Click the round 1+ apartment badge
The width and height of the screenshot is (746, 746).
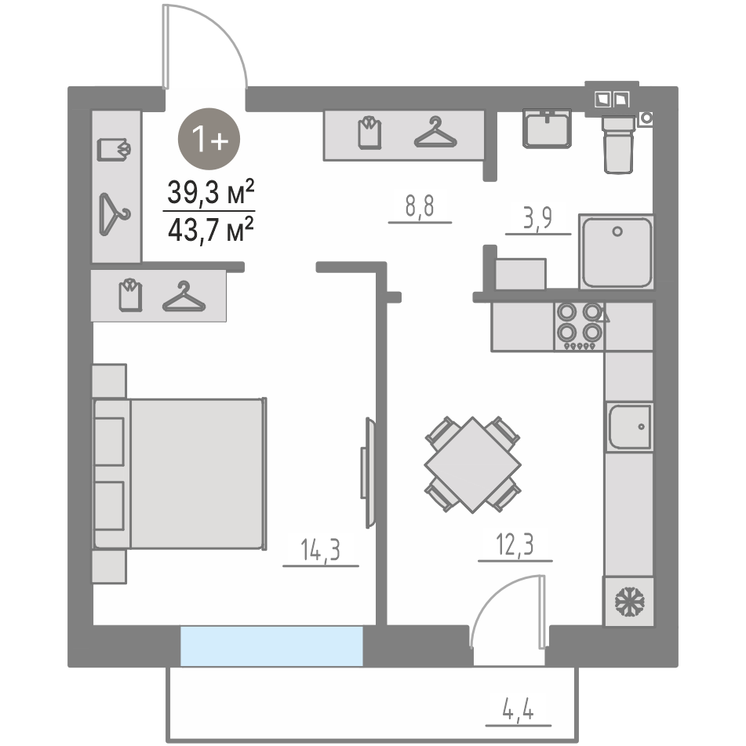(x=209, y=139)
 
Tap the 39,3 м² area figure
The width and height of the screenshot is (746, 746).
(x=211, y=192)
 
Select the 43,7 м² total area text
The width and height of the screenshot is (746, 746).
(x=211, y=230)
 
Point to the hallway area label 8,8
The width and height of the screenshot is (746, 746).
(x=420, y=206)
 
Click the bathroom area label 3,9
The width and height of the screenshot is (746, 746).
(x=537, y=218)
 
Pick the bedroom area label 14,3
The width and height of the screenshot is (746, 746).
(x=320, y=550)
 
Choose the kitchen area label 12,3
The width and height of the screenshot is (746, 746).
(x=515, y=544)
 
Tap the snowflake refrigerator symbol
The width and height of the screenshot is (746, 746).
(x=629, y=602)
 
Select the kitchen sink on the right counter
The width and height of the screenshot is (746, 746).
(x=629, y=427)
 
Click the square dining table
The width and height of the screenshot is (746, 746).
(x=472, y=465)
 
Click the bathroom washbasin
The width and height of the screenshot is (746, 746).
(x=547, y=129)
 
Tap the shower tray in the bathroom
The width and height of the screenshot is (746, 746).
(x=617, y=252)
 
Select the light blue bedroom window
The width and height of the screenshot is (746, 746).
(x=271, y=646)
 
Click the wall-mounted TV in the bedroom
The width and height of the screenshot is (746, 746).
(x=368, y=473)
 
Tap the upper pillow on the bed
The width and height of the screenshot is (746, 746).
(x=109, y=442)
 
